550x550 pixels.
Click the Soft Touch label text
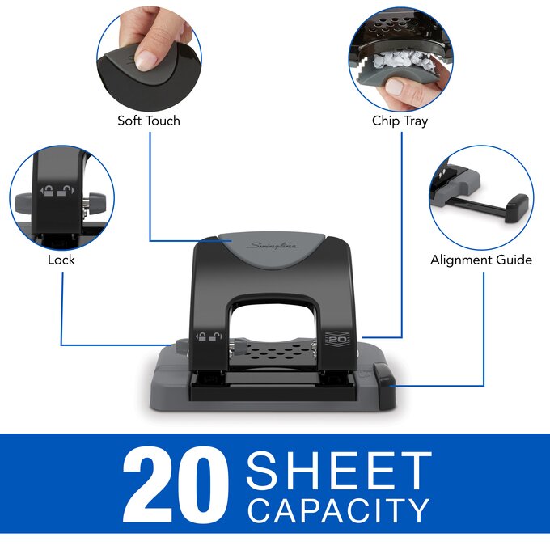pos(149,121)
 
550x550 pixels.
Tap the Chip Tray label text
pos(400,121)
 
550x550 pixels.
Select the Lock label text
pos(61,260)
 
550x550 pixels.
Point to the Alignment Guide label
pos(481,260)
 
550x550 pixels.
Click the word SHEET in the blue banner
pos(339,471)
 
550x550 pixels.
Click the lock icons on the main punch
pos(206,338)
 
